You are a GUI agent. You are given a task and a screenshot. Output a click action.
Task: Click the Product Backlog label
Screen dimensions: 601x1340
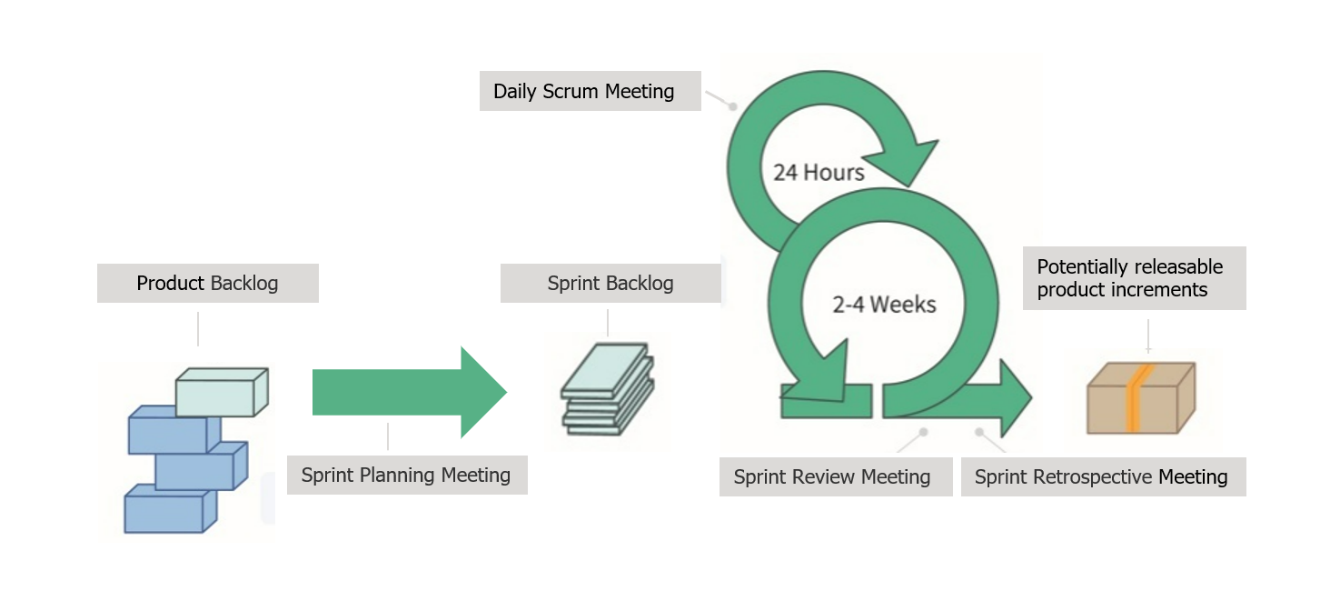(207, 283)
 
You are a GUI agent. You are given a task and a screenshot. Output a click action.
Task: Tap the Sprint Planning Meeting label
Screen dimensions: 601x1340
(406, 475)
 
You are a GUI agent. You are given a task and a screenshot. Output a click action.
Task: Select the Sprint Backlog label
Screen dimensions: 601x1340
(610, 283)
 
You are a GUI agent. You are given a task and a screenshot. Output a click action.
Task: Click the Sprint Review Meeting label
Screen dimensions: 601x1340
(832, 476)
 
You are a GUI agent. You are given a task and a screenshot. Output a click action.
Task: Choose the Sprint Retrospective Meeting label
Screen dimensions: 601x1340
(1101, 476)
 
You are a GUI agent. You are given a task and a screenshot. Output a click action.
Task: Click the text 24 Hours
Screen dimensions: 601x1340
(819, 172)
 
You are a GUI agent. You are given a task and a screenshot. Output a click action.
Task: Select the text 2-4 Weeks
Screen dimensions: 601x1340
(884, 304)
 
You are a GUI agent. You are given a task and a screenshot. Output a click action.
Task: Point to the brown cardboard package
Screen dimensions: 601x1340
(1141, 398)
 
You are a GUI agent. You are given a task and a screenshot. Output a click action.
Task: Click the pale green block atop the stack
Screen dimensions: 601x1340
(221, 392)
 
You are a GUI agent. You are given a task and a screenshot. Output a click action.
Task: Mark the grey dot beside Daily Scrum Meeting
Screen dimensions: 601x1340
(733, 105)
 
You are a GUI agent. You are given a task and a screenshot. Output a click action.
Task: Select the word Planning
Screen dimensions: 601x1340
(397, 475)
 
